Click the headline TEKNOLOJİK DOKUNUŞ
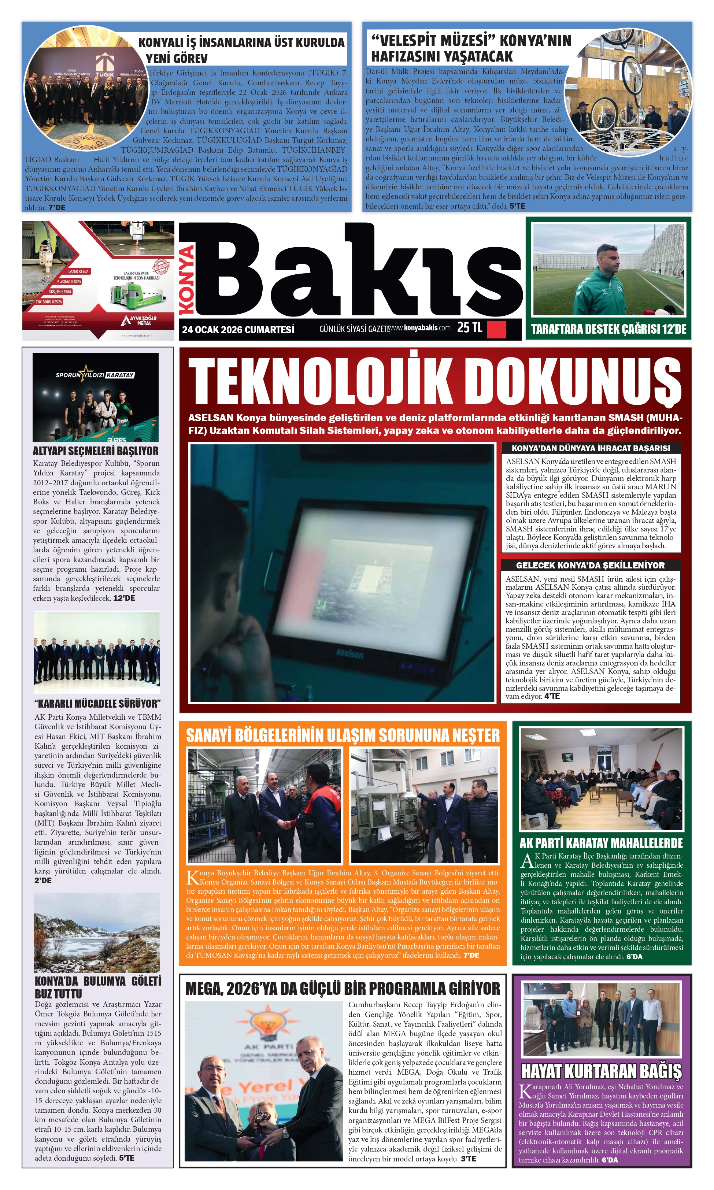tap(434, 383)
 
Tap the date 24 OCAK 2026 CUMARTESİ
tap(238, 330)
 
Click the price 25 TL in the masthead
tap(469, 327)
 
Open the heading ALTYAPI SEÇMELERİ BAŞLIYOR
tap(95, 451)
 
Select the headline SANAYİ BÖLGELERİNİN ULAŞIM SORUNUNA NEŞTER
tap(343, 735)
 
